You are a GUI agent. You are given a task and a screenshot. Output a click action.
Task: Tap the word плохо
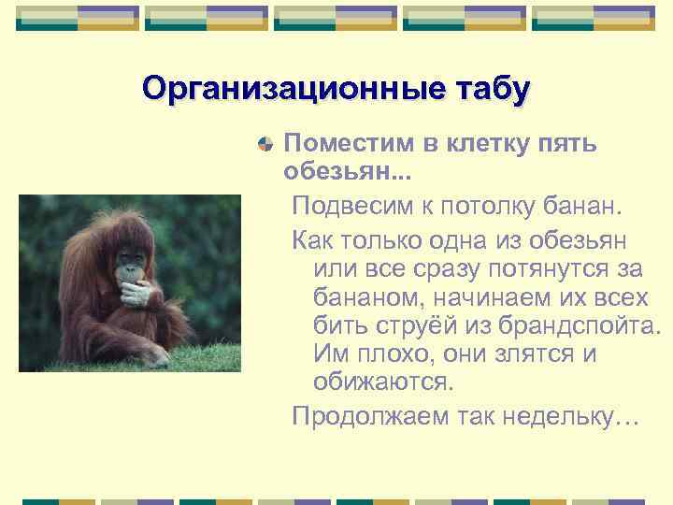click(x=395, y=356)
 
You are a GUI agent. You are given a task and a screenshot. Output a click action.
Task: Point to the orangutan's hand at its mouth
click(x=136, y=290)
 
